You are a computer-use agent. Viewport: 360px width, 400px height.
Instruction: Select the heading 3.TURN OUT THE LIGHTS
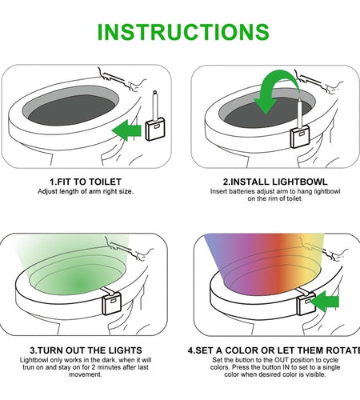click(x=86, y=350)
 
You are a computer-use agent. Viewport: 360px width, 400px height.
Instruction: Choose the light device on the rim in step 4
click(x=305, y=302)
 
